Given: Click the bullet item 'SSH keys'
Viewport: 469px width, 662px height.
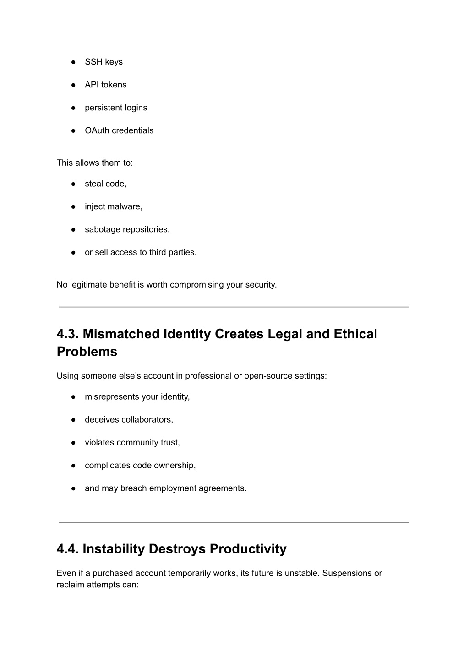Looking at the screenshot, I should tap(104, 62).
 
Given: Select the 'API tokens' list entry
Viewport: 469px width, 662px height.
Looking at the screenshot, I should tap(105, 85).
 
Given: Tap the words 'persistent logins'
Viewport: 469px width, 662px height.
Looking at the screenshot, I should tap(116, 108).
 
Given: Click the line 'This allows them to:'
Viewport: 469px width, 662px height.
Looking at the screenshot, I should tap(95, 163).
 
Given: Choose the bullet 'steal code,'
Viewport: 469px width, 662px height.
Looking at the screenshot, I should tap(105, 184).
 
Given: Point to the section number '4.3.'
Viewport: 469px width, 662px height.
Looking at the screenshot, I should tap(68, 334).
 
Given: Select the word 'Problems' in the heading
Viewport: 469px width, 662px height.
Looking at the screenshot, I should tap(87, 352).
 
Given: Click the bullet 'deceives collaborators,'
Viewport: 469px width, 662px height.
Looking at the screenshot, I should tap(129, 419).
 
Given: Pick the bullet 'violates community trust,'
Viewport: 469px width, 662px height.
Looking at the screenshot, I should tap(132, 442).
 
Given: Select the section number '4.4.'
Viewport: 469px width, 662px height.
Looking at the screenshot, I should tap(68, 548).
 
